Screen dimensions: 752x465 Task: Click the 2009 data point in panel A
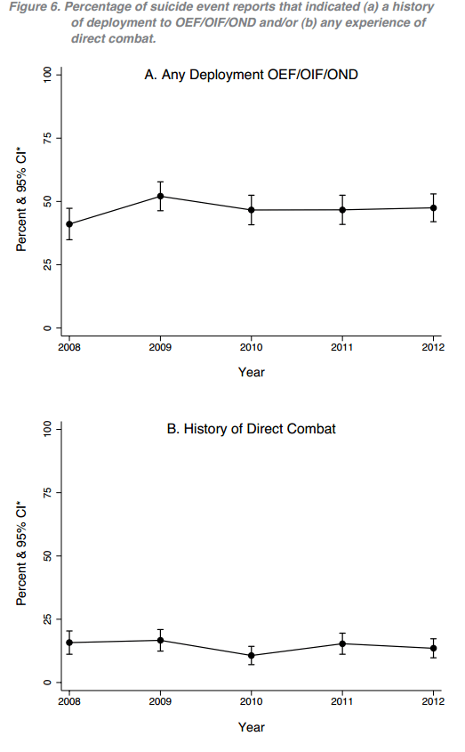160,196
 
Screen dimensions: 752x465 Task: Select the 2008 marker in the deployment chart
68,224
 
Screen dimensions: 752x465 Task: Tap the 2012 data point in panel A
434,208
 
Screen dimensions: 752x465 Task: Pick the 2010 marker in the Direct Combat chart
252,655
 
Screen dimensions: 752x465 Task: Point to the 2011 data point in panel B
343,643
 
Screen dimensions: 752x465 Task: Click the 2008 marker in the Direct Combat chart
68,643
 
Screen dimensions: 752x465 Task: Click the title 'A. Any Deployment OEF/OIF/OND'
252,77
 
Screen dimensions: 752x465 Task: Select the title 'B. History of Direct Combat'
252,429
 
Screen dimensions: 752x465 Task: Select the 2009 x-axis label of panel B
160,701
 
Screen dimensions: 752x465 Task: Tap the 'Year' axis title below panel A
252,372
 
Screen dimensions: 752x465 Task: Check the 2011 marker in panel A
343,210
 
